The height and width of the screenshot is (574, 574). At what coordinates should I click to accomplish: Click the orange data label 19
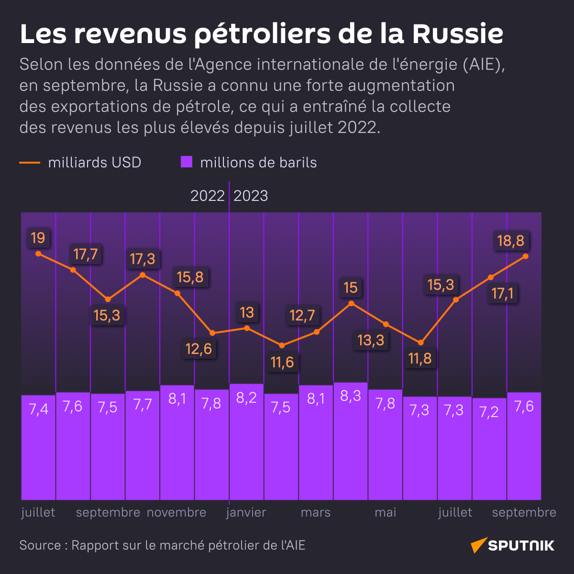38,238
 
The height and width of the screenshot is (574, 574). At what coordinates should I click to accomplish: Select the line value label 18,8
511,241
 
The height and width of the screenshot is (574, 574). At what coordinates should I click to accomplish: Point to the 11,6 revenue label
282,362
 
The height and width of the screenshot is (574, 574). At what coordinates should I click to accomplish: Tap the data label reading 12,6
199,349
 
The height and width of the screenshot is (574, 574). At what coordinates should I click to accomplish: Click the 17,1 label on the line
502,293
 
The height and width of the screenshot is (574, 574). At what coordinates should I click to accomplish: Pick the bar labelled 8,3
351,440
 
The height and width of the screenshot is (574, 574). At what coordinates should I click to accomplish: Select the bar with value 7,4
39,447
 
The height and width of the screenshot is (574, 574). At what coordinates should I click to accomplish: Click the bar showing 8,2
246,441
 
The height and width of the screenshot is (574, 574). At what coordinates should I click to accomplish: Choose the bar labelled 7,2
489,448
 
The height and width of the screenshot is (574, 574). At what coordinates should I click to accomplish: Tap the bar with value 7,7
143,445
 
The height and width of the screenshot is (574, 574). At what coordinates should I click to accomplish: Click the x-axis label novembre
177,512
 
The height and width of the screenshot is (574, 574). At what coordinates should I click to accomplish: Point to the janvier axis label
246,512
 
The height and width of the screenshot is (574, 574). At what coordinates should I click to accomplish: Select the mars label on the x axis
316,512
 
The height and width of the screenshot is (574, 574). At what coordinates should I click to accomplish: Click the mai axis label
386,512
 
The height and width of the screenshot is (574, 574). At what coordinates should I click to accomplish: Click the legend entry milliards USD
94,163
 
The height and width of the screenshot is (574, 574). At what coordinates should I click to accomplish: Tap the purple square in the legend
187,162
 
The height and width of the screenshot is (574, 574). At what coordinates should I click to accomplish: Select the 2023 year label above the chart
251,196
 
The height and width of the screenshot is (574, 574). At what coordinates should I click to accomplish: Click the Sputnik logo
513,545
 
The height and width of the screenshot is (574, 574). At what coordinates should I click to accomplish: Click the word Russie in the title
458,33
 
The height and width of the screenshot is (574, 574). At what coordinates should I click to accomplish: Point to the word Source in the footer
40,545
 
